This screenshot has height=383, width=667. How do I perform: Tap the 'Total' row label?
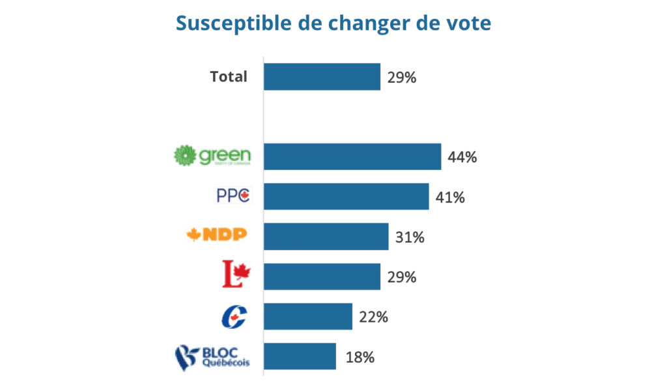[229, 77]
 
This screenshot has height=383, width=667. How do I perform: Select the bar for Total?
[322, 77]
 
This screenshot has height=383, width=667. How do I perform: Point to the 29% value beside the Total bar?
[401, 78]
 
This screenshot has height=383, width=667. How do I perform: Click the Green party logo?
[212, 156]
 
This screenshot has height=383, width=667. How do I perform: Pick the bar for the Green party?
[352, 156]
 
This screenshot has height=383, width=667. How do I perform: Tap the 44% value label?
[462, 157]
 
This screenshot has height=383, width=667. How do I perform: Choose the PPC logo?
[233, 195]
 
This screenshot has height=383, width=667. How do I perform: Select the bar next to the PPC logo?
[346, 196]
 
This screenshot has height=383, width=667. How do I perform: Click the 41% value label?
[450, 197]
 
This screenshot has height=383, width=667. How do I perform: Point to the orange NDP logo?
[216, 234]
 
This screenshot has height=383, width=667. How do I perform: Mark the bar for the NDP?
[326, 236]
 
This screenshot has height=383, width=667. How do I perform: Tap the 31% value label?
[410, 237]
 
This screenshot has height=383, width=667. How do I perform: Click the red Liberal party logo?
[236, 274]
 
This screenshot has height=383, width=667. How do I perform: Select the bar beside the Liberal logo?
[322, 277]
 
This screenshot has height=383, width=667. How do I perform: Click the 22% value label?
[373, 317]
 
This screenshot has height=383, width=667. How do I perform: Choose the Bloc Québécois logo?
[212, 357]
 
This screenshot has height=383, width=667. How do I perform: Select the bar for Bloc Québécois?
[300, 356]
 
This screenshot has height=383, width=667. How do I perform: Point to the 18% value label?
[360, 357]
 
